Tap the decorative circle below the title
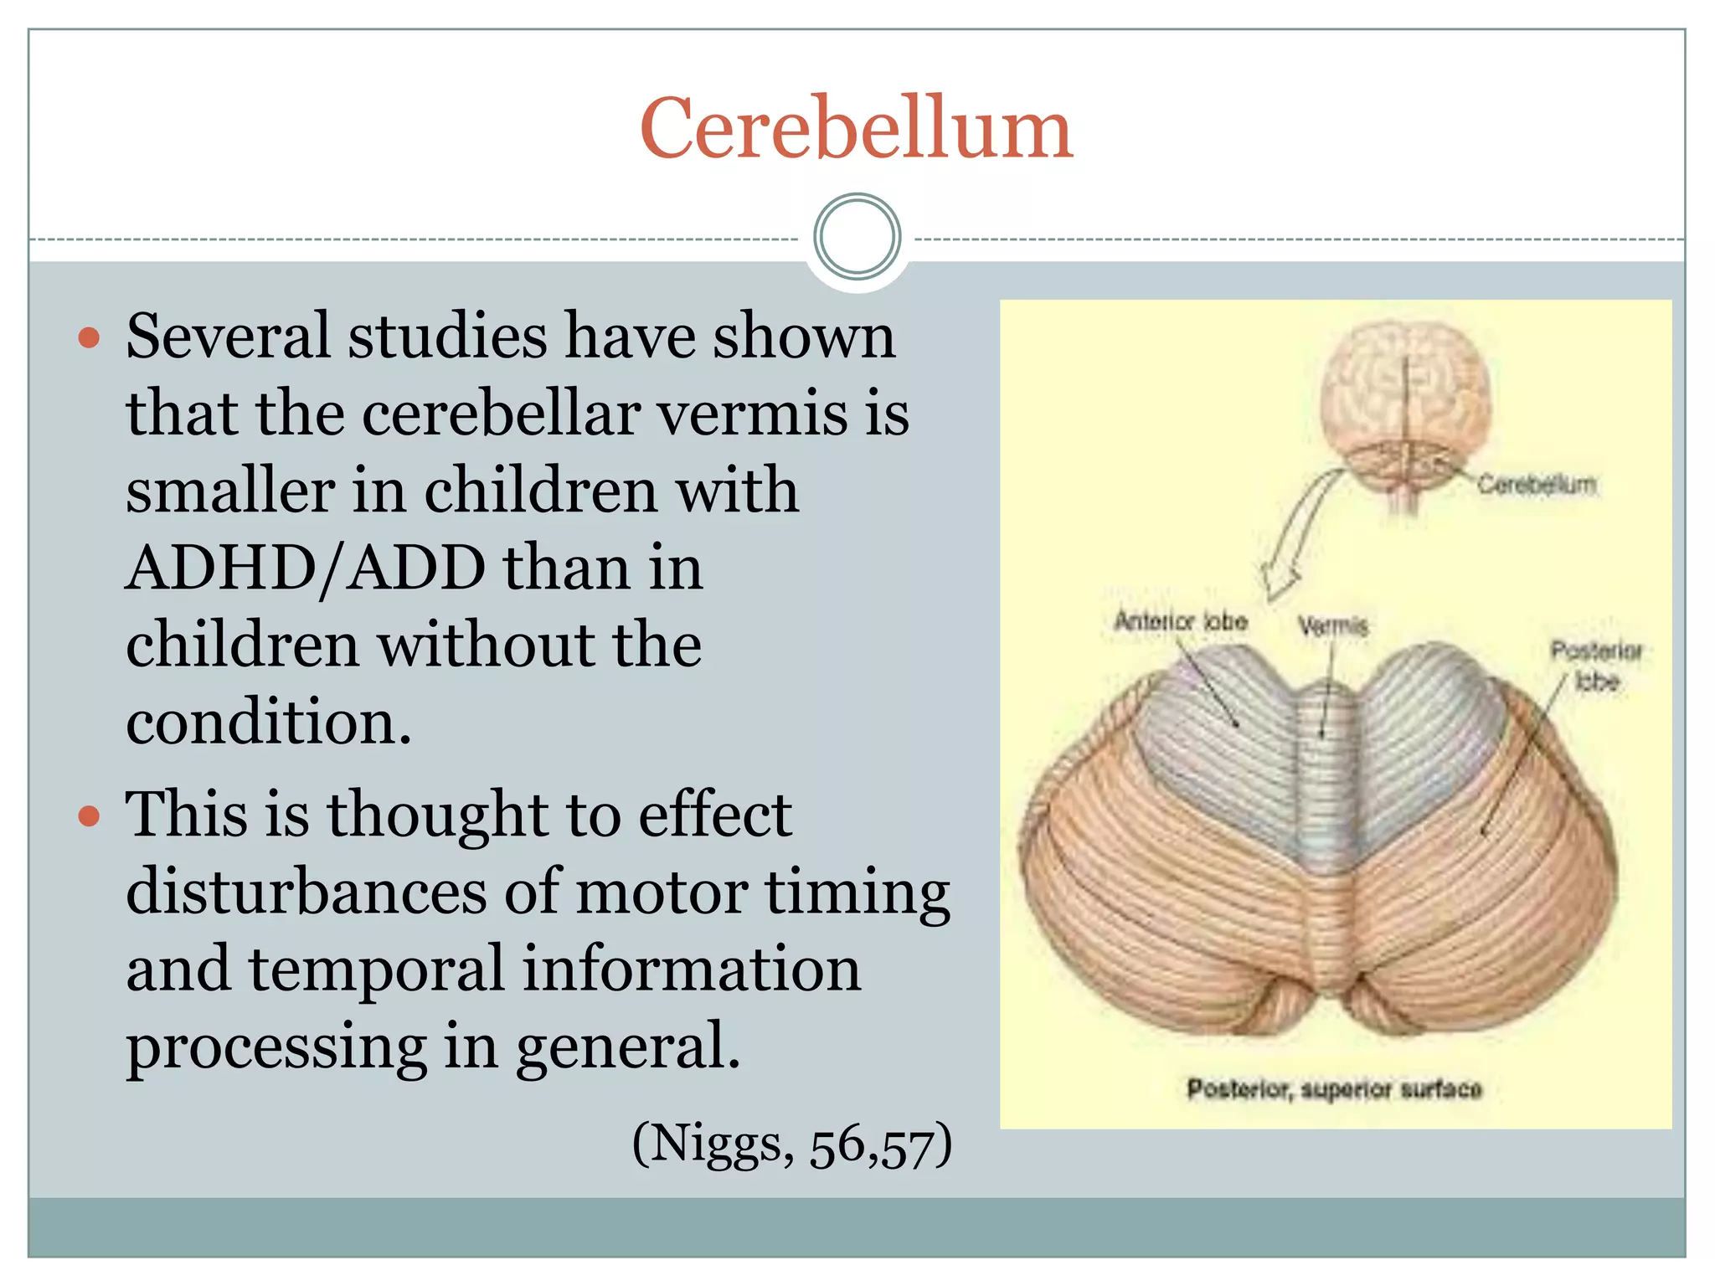857,236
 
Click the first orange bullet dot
89,338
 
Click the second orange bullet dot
89,815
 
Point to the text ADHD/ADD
306,568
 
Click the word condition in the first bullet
268,723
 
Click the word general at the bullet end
627,1047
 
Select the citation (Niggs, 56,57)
791,1145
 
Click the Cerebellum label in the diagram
1536,485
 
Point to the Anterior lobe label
1181,622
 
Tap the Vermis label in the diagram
1333,626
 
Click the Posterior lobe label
1596,666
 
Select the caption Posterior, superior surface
1334,1089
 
